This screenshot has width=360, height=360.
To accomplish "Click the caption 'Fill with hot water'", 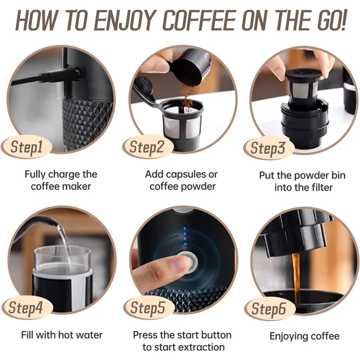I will point(62,335).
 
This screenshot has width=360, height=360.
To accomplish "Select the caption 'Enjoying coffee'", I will point(304,336).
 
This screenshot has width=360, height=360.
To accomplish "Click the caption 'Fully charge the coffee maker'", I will point(61,180).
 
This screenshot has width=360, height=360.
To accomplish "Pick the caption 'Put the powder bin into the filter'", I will point(302,181).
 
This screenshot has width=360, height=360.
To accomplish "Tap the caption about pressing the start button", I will point(182,341).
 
